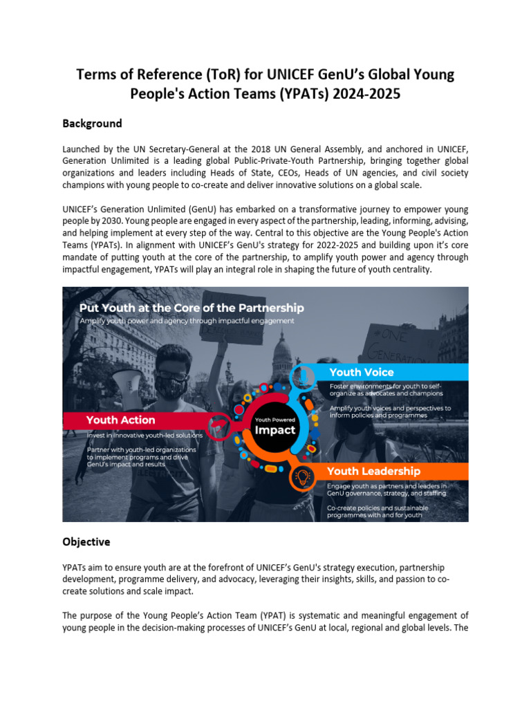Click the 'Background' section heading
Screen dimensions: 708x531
pyautogui.click(x=92, y=124)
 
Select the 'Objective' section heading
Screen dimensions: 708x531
pyautogui.click(x=86, y=541)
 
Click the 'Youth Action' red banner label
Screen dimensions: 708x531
pyautogui.click(x=120, y=420)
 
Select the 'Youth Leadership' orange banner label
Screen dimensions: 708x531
pyautogui.click(x=373, y=471)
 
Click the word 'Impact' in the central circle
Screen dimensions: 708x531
pyautogui.click(x=275, y=429)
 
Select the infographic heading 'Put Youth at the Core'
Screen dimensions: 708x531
pyautogui.click(x=192, y=308)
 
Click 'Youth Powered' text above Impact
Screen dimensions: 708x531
pyautogui.click(x=275, y=419)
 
